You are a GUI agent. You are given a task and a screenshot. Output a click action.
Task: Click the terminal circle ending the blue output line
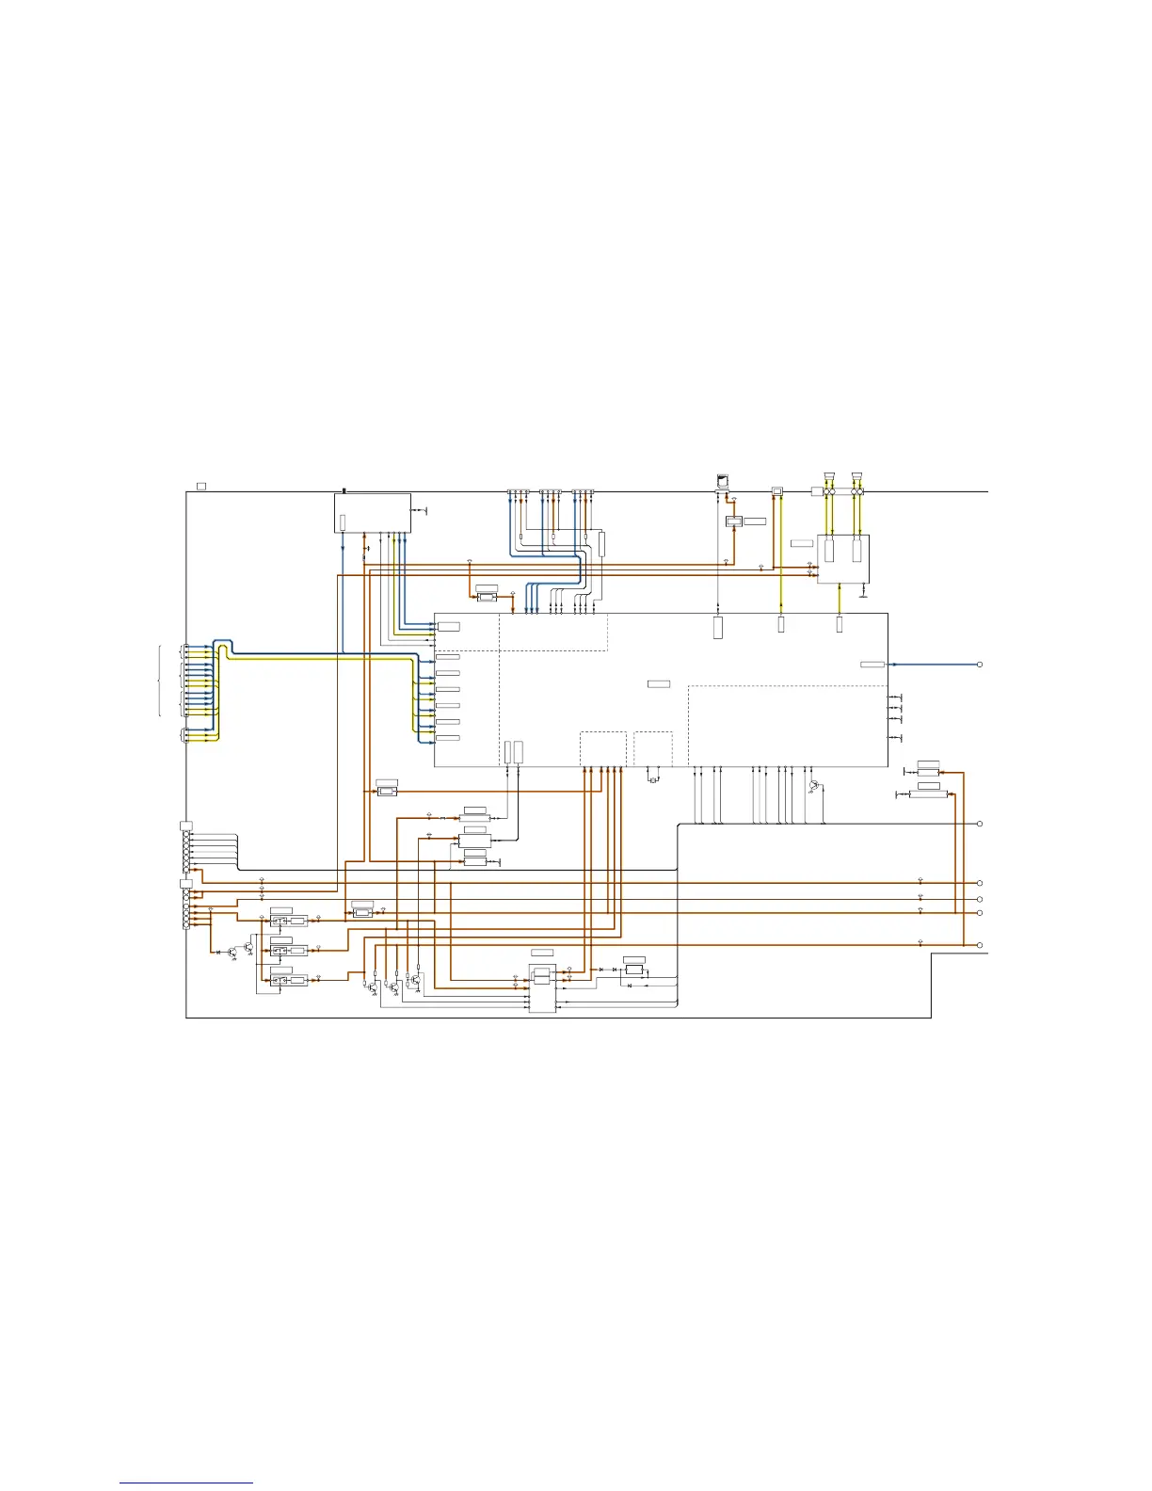point(980,665)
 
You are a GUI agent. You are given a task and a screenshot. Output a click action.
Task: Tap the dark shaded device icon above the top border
point(722,481)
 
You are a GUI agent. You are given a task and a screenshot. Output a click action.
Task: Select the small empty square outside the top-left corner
point(201,486)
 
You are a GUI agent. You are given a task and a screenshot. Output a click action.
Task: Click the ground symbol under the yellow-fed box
point(863,594)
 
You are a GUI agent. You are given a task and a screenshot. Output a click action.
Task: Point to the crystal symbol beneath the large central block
point(653,778)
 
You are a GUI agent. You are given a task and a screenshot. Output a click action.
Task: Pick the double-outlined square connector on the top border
point(776,491)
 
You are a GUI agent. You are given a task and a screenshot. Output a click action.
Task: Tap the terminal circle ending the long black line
point(980,824)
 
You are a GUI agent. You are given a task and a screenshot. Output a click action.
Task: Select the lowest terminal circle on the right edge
point(980,944)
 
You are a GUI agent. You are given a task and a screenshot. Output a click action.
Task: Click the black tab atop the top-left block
point(344,490)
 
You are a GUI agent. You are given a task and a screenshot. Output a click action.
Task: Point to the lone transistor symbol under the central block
point(814,785)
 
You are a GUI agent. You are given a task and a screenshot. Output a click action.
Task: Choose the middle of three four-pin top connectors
point(551,492)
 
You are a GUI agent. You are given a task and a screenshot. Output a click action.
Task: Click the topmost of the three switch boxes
point(280,921)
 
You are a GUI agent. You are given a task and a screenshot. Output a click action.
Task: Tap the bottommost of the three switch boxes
point(280,980)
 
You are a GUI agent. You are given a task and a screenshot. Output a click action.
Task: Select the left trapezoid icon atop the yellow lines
point(829,475)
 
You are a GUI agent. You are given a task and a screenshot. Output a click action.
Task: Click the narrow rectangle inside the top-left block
point(343,521)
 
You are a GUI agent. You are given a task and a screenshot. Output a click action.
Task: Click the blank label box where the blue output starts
point(872,665)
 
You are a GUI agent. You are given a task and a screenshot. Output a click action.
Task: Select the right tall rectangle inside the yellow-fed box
point(856,551)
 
